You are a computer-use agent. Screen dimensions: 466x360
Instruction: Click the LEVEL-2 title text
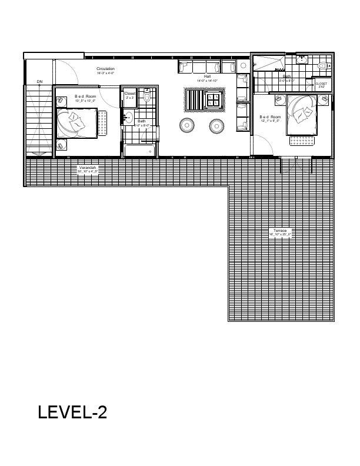(x=72, y=412)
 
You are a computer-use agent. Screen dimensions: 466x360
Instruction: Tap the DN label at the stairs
(x=39, y=81)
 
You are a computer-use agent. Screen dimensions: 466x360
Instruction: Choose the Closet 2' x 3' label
(x=130, y=95)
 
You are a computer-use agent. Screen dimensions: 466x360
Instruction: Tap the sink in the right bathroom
(x=302, y=59)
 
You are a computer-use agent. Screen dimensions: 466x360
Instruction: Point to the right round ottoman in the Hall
(x=217, y=125)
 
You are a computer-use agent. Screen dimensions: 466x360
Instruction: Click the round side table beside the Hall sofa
(x=244, y=66)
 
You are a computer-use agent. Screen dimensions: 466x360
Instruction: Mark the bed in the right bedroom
(x=300, y=114)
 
